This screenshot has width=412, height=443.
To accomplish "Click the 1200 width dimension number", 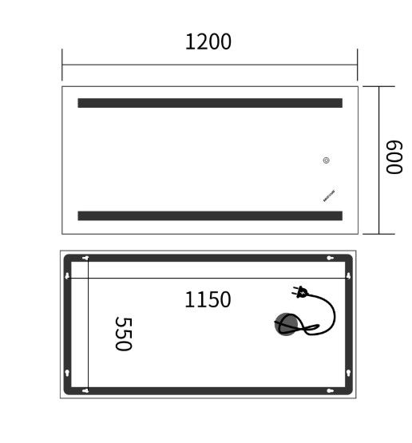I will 208,42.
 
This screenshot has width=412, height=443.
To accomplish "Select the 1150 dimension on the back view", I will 208,300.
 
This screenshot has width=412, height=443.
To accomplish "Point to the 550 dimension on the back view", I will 122,333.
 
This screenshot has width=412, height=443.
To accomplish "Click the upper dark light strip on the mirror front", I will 209,103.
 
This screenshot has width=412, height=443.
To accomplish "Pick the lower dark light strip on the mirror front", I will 209,216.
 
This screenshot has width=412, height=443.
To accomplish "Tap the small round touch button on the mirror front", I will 327,160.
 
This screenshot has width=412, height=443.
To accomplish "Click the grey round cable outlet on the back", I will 288,325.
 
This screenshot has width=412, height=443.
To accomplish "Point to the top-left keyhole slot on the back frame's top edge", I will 85,258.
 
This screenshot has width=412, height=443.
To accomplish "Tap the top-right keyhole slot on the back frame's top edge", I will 331,258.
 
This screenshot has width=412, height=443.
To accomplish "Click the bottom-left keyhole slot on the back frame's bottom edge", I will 85,390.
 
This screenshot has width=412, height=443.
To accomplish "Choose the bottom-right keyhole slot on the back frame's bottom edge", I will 331,390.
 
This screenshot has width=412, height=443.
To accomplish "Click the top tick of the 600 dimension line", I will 378,86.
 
